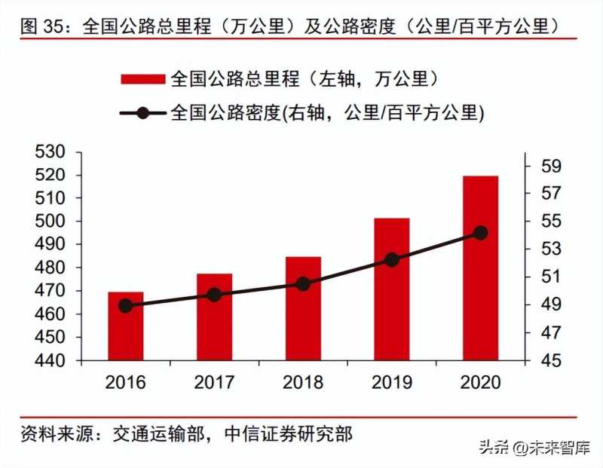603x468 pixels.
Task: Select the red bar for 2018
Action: point(303,308)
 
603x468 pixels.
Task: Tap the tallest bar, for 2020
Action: point(480,268)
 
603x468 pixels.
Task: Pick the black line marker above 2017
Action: point(214,295)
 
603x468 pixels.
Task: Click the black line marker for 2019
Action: point(392,259)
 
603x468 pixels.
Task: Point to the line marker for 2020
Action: point(480,233)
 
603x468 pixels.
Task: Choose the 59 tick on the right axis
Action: point(551,166)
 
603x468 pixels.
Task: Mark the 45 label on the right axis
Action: point(551,360)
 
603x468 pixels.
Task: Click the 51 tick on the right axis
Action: point(551,277)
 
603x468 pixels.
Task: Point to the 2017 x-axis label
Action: point(214,382)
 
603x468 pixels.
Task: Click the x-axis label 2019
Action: point(392,382)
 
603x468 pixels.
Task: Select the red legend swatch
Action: point(142,78)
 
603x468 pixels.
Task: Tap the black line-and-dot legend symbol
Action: point(142,113)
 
